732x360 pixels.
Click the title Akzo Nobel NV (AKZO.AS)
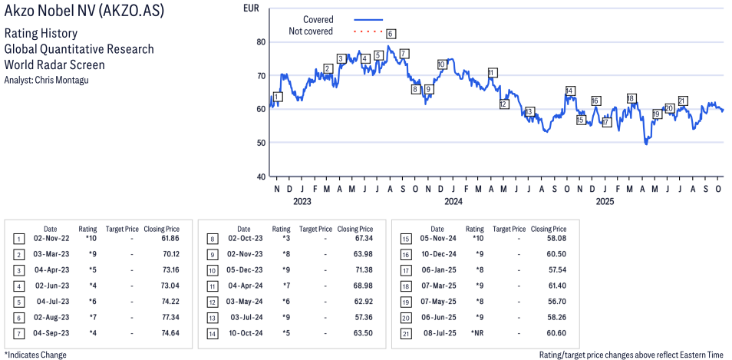pos(84,12)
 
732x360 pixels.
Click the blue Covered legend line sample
pos(368,19)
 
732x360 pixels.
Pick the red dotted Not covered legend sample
pos(368,31)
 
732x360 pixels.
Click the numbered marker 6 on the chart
pos(391,34)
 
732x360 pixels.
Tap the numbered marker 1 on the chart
pos(278,97)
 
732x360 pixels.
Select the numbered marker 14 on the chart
pos(569,91)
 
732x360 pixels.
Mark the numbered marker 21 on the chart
pos(682,101)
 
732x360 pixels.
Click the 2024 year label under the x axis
pos(453,202)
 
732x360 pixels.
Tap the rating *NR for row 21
pos(475,332)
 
